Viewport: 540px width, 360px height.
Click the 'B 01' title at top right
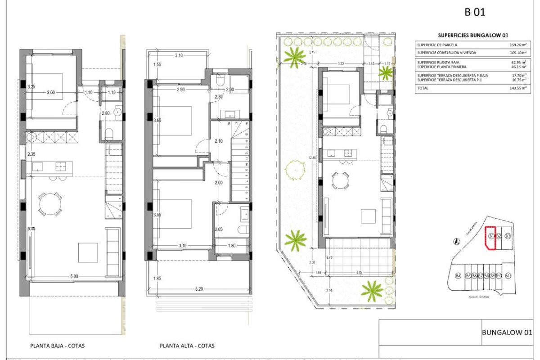(x=475, y=12)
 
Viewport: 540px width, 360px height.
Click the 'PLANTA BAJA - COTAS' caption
(x=57, y=346)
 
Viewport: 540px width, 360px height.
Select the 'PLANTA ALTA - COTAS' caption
(x=187, y=346)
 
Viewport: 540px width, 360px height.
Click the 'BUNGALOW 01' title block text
(x=507, y=333)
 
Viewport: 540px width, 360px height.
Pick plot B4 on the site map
(x=458, y=276)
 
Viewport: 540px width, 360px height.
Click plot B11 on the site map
(x=508, y=276)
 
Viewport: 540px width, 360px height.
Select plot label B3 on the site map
(x=508, y=236)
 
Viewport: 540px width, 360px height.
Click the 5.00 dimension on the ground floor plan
(x=74, y=276)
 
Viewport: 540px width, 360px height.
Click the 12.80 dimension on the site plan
(x=313, y=157)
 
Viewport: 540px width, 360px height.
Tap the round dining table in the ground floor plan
(x=50, y=205)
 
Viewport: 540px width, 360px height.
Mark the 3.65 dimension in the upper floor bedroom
(x=157, y=120)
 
